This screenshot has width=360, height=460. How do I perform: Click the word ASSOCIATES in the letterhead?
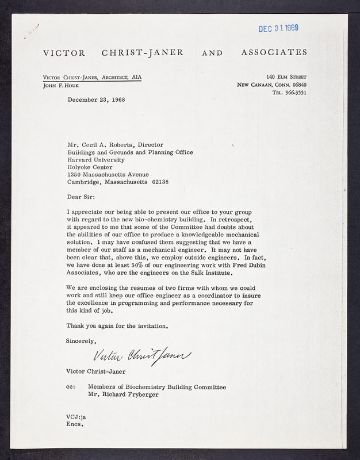pos(274,52)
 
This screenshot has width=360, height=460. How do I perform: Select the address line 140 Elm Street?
pos(286,76)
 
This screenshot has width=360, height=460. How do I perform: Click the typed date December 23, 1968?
pos(96,99)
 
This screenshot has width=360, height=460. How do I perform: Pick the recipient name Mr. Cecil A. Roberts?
pos(115,145)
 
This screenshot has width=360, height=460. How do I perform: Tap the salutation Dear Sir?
pos(82,197)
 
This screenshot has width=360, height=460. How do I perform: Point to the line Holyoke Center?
pos(90,167)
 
